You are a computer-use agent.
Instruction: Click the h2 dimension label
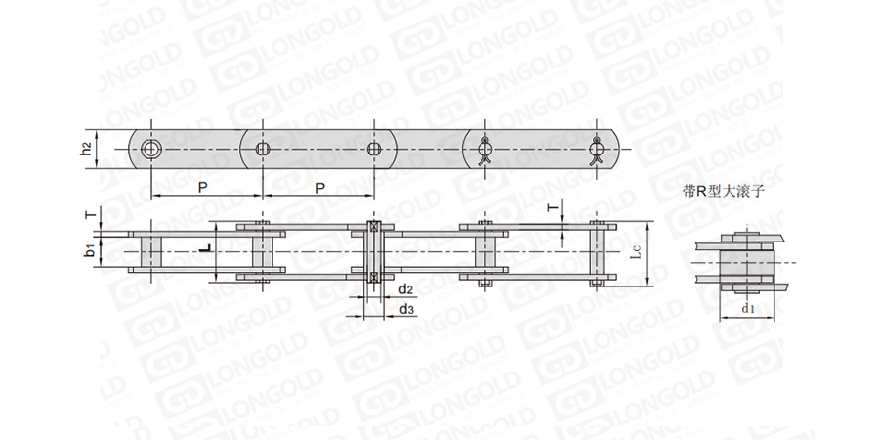click(x=85, y=150)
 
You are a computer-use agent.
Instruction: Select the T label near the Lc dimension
click(x=554, y=209)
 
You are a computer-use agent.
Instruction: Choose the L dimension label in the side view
click(x=206, y=247)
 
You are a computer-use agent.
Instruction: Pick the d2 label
click(x=406, y=289)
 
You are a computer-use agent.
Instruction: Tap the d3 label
click(x=406, y=309)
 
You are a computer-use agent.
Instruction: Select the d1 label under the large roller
click(x=748, y=308)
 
